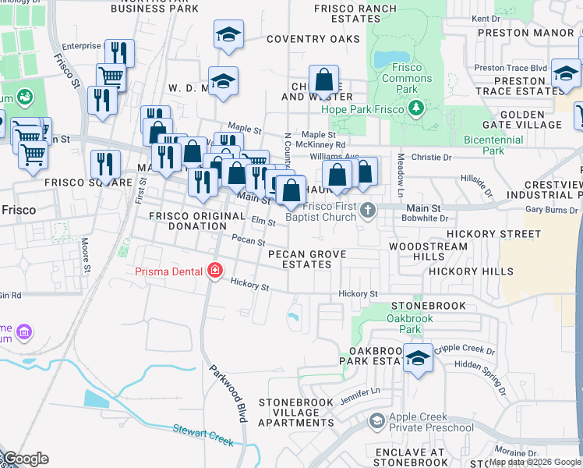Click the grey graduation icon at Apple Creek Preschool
pos(377,422)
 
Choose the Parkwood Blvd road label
pos(228,393)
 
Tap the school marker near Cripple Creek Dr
pos(419,358)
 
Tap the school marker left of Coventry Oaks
pos(228,34)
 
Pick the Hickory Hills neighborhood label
pos(471,271)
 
